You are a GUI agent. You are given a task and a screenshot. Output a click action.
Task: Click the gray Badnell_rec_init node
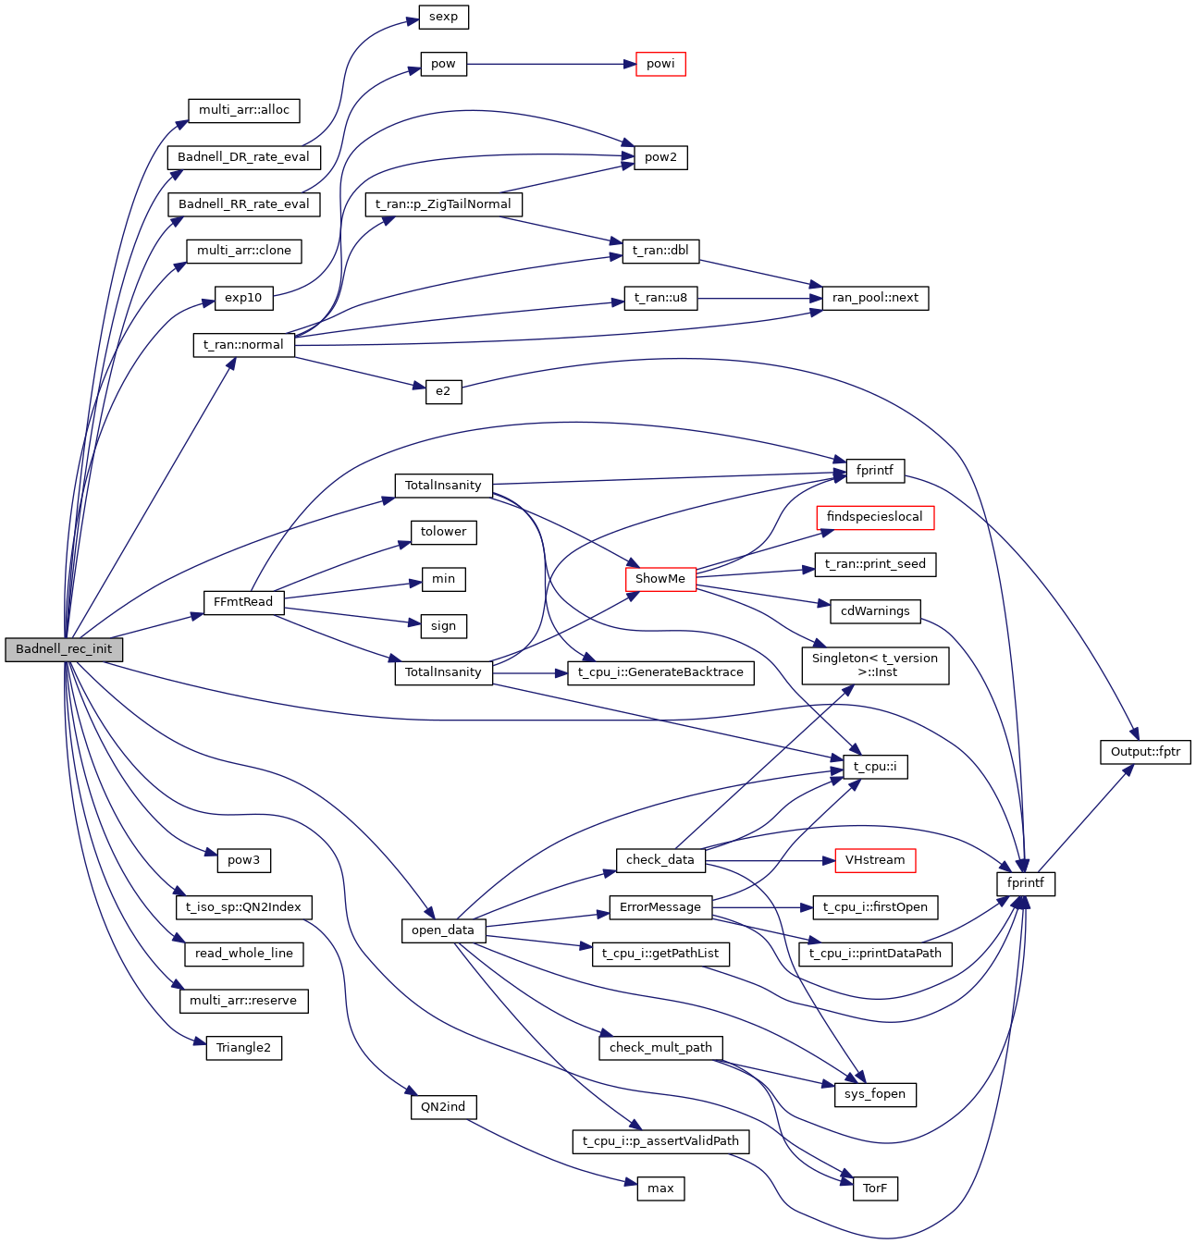[x=64, y=649]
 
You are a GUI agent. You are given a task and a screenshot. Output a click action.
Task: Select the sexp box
[x=443, y=17]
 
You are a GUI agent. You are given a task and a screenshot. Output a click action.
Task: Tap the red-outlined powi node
[x=660, y=64]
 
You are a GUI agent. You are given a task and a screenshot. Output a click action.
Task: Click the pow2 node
[x=660, y=157]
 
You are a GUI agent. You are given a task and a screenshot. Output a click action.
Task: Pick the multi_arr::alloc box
[x=243, y=110]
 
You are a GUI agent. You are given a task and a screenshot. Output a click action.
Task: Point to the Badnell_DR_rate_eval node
[x=243, y=157]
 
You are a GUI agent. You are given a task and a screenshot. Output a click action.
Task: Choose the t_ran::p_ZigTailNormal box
[x=443, y=204]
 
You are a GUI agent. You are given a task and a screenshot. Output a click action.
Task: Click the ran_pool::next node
[x=875, y=298]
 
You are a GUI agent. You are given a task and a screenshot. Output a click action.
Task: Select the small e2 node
[x=443, y=391]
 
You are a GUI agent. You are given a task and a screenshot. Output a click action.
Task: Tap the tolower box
[x=443, y=532]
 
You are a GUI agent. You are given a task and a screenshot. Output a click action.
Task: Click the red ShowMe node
[x=660, y=579]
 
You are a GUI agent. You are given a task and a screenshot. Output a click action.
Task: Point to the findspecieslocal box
[x=875, y=517]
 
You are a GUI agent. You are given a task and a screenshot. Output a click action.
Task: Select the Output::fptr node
[x=1145, y=752]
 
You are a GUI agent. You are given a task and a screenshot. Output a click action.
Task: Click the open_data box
[x=443, y=930]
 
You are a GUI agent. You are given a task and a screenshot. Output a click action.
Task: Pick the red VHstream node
[x=875, y=860]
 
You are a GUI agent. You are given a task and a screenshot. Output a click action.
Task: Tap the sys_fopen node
[x=875, y=1094]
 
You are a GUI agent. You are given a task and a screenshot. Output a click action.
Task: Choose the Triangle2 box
[x=243, y=1048]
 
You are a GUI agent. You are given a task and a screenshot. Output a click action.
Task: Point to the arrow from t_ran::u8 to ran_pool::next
[x=759, y=298]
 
